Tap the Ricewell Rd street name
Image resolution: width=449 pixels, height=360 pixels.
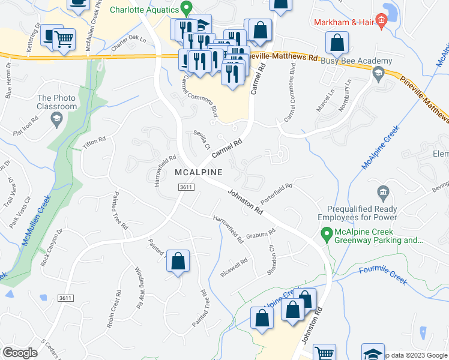click(x=234, y=265)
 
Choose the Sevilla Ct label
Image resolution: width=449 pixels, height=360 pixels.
click(x=200, y=140)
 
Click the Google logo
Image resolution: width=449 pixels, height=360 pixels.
click(x=20, y=353)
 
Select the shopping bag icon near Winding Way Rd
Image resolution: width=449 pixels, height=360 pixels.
click(x=178, y=262)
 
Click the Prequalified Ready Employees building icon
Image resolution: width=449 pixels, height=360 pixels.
click(x=382, y=193)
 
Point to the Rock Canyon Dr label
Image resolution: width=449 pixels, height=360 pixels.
click(x=52, y=248)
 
